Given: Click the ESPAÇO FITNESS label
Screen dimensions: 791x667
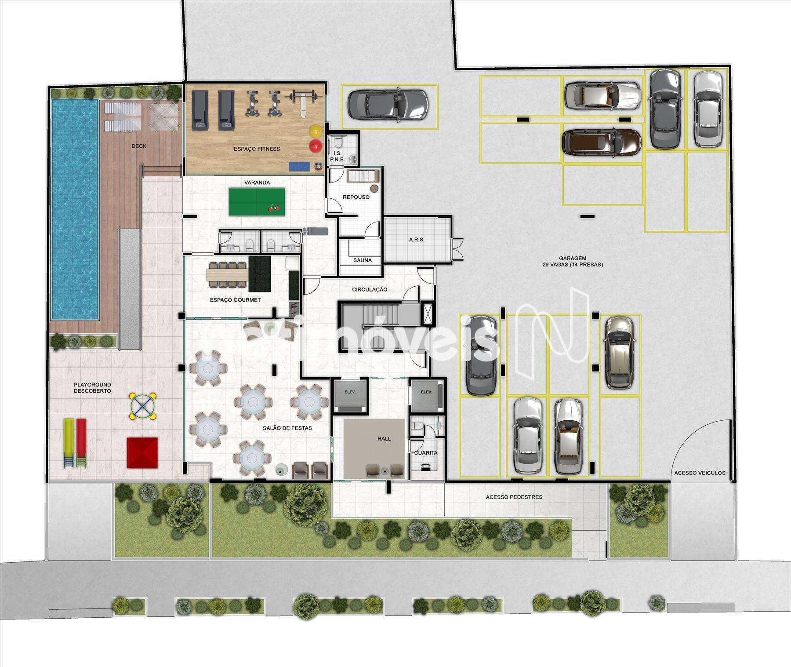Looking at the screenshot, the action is tap(257, 149).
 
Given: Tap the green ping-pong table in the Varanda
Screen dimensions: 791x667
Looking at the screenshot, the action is tap(257, 202).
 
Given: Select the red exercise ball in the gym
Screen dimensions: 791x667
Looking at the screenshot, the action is tap(315, 146).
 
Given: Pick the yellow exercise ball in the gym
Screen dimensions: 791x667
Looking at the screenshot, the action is tap(316, 131).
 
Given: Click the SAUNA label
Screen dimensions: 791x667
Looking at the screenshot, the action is tap(363, 260).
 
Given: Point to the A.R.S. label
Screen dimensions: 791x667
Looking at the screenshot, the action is tap(417, 240).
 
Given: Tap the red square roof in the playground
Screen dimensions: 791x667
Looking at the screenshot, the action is tap(142, 452).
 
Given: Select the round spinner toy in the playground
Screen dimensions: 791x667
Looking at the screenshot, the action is tap(142, 406).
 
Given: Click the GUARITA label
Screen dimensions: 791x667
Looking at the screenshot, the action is tap(426, 452).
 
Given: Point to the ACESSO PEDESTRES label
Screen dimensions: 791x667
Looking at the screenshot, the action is tap(514, 497).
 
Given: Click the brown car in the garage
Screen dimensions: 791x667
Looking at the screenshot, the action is tap(602, 142).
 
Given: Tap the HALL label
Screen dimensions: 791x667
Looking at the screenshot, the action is tap(384, 438).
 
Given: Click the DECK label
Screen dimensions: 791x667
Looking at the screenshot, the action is tap(139, 146).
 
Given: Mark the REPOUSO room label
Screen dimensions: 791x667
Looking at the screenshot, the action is tap(356, 197).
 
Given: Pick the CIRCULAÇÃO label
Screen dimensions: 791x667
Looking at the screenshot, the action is tap(370, 290).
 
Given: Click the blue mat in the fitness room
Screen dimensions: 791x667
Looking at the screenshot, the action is tap(298, 167).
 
